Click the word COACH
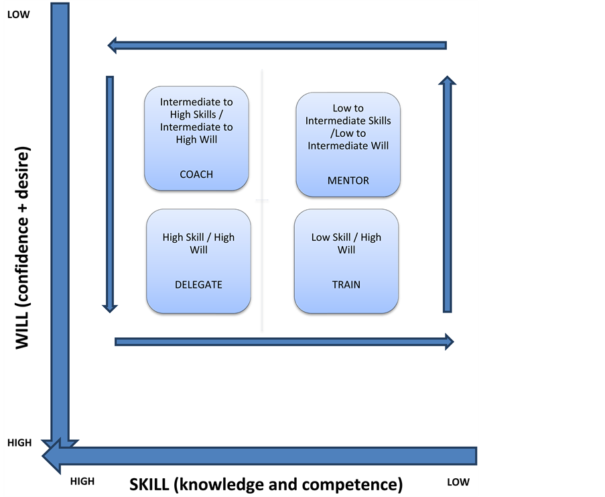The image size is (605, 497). pos(196,174)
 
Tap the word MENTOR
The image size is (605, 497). pos(348,180)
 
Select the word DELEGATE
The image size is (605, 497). pos(198,285)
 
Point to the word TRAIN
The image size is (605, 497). pos(346,285)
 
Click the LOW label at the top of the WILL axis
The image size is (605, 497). pos(19,15)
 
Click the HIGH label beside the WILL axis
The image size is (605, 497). pos(19,443)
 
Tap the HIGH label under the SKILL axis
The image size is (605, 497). pos(82,482)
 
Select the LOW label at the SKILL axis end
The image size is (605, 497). pos(458,482)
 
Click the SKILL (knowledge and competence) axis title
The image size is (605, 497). pos(266,485)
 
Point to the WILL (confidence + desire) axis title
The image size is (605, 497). pos(22,247)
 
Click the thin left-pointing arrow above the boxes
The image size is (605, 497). pos(277,46)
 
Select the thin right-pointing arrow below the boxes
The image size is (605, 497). pos(284,342)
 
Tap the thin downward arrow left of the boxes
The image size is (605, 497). pos(110,195)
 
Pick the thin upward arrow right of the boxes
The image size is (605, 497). pos(447,194)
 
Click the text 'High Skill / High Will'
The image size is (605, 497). pos(198,243)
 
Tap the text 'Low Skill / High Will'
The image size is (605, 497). pos(346,243)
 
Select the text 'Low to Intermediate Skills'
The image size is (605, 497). pos(348,115)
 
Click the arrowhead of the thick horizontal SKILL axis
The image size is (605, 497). pos(52,456)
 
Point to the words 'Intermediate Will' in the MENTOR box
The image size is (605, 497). pos(348,146)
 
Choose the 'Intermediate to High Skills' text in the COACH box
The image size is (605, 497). pos(196,108)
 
